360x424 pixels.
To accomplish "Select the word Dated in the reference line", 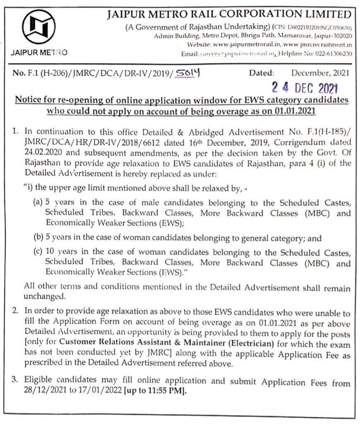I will tap(262, 73).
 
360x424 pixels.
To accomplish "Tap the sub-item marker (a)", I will tap(39, 203).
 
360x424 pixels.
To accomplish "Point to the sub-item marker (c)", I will tap(39, 253).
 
